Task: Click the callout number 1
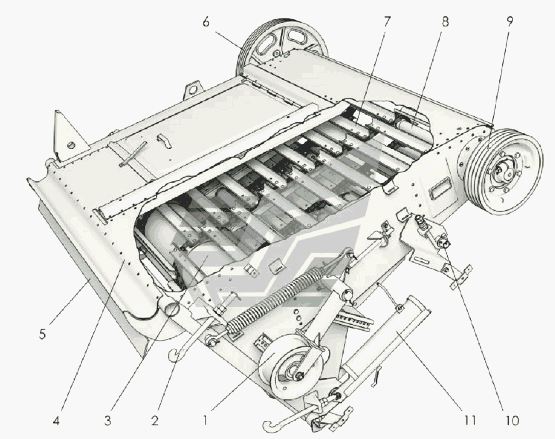206,420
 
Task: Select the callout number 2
155,421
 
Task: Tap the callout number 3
108,421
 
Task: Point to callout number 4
56,421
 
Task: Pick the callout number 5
42,334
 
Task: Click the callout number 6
206,22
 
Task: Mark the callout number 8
445,22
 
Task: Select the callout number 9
510,22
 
